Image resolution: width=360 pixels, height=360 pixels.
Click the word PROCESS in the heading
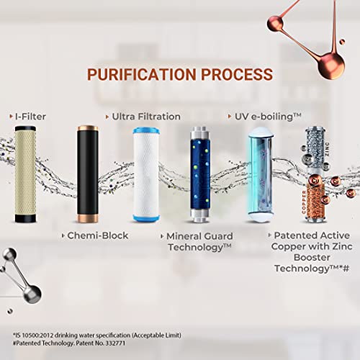[x=237, y=74]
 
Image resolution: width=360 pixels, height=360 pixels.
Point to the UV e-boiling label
[x=267, y=115]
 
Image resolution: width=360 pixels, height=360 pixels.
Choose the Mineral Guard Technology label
[x=198, y=241]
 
